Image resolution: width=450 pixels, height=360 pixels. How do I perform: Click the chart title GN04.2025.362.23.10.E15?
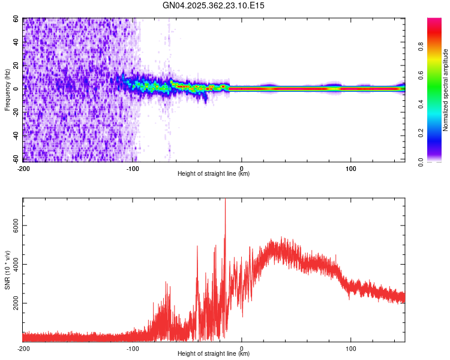(214, 5)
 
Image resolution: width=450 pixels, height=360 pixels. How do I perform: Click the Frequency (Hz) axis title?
(7, 89)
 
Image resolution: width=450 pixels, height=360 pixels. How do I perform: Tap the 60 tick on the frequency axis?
(16, 19)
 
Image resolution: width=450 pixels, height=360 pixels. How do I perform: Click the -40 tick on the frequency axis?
(15, 136)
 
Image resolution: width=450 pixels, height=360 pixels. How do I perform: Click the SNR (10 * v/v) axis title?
(7, 270)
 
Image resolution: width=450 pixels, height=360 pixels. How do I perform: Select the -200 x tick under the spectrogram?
(23, 168)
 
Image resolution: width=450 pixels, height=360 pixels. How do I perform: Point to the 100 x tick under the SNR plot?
(350, 348)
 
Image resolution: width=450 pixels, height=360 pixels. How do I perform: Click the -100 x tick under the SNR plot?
(133, 348)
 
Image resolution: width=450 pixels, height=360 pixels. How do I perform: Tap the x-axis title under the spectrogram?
(214, 173)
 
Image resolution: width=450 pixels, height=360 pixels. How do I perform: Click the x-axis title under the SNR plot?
(214, 353)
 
